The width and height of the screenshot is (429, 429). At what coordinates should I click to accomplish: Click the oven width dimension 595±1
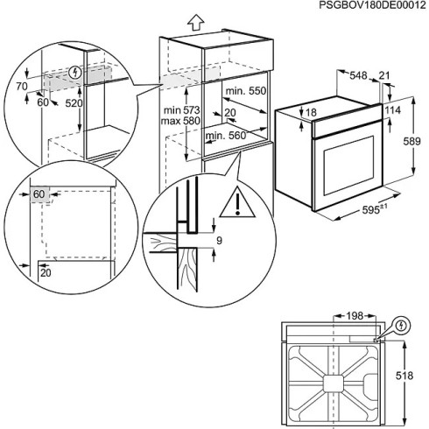tap(362, 209)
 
